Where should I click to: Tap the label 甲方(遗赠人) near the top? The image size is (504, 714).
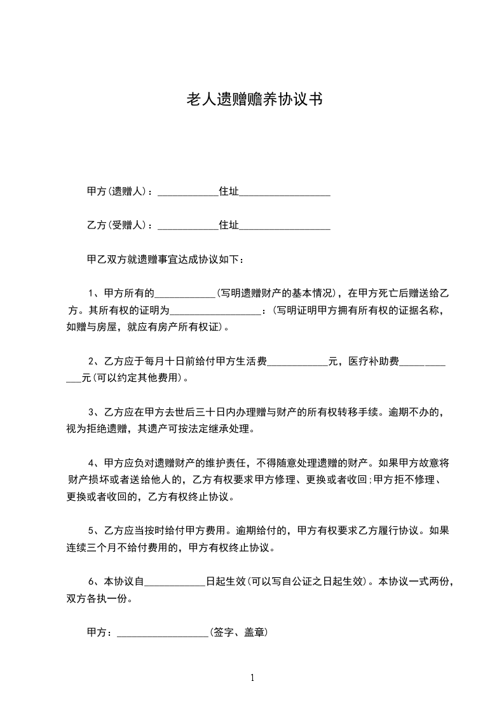coord(117,191)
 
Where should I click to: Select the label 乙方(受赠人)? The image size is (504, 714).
coord(117,225)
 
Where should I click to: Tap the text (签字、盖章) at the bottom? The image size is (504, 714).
coord(238,633)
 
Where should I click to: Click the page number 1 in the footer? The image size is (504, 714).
coord(252,678)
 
